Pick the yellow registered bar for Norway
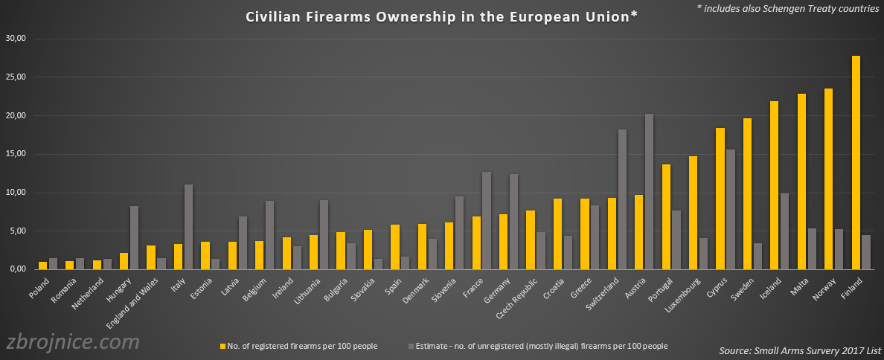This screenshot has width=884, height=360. click(x=829, y=179)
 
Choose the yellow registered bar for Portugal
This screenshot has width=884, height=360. click(x=666, y=216)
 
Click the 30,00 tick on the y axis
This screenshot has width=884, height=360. click(x=15, y=39)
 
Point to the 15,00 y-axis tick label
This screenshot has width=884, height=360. click(x=15, y=154)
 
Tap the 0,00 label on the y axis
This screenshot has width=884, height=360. click(x=17, y=269)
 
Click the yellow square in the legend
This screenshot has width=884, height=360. click(x=222, y=346)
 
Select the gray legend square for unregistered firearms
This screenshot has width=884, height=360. click(x=411, y=346)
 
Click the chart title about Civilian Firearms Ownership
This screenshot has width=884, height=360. click(x=442, y=17)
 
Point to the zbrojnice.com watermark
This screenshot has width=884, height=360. click(x=73, y=342)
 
